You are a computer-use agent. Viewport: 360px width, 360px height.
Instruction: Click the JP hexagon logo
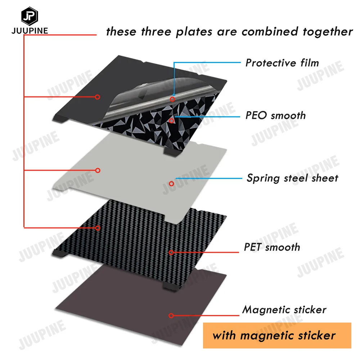coord(30,16)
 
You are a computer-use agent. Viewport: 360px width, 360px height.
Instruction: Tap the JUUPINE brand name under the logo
coord(30,31)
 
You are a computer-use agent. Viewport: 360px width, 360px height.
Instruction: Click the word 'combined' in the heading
coord(270,31)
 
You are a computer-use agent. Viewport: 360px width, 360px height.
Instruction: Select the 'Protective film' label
coord(282,63)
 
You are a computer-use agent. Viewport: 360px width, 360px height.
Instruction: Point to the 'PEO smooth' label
coord(275,115)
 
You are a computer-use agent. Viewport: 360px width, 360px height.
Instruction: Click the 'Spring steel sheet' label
coord(292,178)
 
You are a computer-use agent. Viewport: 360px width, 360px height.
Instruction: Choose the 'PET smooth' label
coord(272,247)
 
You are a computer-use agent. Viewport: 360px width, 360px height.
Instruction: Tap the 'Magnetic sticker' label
coord(284,310)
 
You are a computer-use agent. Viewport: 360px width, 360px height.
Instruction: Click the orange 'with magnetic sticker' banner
coord(277,336)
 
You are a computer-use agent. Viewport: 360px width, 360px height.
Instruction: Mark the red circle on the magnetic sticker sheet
coord(171,316)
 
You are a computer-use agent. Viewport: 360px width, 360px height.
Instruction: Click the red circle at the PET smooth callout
coord(171,253)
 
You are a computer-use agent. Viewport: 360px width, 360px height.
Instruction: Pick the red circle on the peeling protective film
coord(172,99)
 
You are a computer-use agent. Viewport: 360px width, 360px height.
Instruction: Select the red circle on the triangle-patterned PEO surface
coord(171,121)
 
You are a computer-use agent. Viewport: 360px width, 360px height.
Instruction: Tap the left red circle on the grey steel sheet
coord(98,170)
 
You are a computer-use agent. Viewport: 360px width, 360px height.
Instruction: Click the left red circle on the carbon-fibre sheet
coord(98,228)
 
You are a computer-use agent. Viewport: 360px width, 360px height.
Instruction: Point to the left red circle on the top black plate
coord(97,97)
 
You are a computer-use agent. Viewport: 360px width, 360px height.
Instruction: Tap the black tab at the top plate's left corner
coord(60,119)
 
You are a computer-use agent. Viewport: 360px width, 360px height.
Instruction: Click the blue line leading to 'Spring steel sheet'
coord(209,178)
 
